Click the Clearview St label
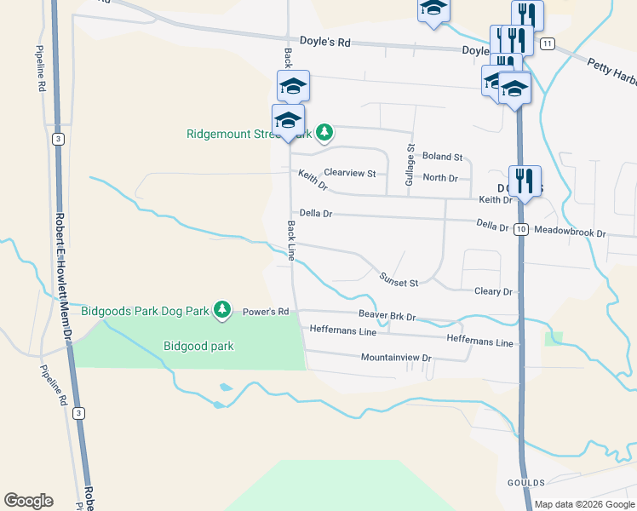[x=349, y=173]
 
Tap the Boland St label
[x=442, y=157]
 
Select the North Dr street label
[x=440, y=178]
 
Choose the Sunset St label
[x=399, y=282]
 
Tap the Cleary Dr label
[x=494, y=291]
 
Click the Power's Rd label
[x=267, y=312]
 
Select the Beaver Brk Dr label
[x=387, y=316]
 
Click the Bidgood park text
[x=198, y=346]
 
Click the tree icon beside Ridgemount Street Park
[x=324, y=132]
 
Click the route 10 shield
[x=521, y=229]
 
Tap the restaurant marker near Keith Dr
[x=525, y=181]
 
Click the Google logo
[x=28, y=501]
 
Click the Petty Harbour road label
[x=611, y=72]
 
